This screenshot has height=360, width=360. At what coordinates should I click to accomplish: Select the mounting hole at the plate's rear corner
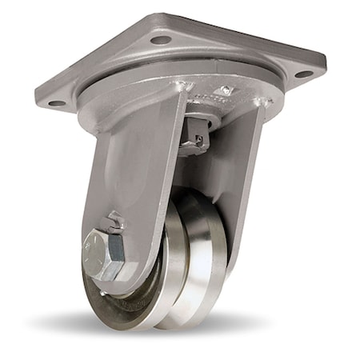pos(161,39)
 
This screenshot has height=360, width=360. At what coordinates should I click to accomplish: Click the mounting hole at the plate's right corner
pos(303,74)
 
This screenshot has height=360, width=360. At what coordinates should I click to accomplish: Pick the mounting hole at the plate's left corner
pos(56,102)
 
